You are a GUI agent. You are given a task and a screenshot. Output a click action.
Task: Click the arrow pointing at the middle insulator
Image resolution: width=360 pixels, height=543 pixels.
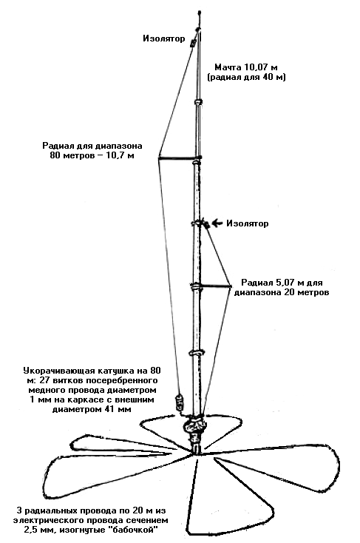(x=217, y=223)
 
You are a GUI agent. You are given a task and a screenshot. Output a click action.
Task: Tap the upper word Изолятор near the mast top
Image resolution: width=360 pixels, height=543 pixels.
(x=164, y=38)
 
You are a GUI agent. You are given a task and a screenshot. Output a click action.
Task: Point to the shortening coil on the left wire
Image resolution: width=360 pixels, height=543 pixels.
(x=180, y=402)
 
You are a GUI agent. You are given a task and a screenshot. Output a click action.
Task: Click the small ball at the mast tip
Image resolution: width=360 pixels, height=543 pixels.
(x=200, y=13)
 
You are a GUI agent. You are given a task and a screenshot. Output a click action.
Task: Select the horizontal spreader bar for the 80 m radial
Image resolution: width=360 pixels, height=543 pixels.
(x=178, y=159)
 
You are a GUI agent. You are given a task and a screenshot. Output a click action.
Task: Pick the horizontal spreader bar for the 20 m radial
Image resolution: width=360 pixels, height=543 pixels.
(x=216, y=286)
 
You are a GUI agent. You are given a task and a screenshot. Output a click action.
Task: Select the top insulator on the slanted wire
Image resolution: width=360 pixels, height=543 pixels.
(x=193, y=43)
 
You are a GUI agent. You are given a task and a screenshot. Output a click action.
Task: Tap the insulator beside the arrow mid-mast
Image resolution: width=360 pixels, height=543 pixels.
(x=206, y=225)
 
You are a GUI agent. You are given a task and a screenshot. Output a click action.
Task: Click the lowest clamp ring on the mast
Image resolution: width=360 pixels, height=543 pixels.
(x=197, y=353)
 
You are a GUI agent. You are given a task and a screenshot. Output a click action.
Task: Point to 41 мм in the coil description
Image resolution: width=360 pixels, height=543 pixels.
(x=120, y=409)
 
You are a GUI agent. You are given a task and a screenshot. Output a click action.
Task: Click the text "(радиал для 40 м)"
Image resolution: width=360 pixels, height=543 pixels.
(x=246, y=77)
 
